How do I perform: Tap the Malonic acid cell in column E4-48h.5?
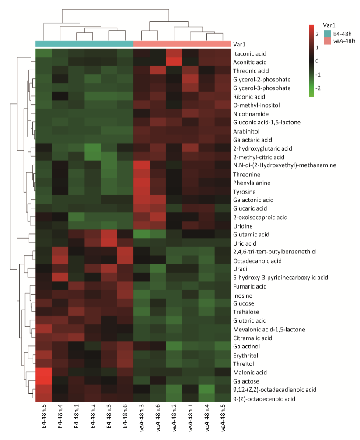pyautogui.click(x=44, y=372)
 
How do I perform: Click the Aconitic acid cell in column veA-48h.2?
pyautogui.click(x=174, y=62)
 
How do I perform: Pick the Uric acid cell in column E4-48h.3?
pyautogui.click(x=109, y=243)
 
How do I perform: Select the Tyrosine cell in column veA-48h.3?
pyautogui.click(x=142, y=191)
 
